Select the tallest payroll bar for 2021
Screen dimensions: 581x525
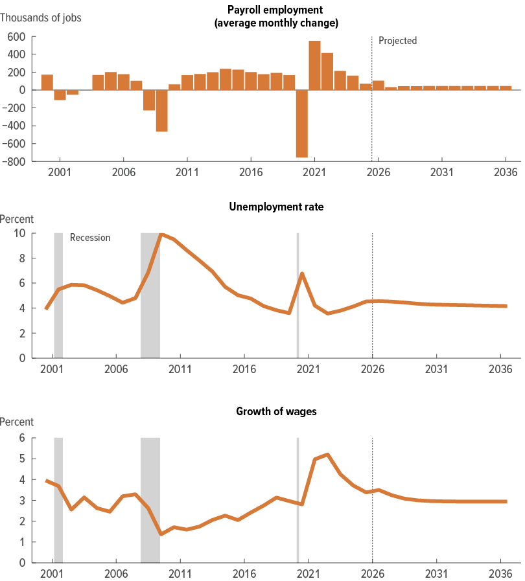[314, 65]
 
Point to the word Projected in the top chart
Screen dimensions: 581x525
[397, 41]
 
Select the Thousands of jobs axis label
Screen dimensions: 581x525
[41, 17]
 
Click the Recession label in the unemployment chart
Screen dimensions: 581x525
[90, 238]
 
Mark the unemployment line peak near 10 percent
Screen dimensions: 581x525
[161, 234]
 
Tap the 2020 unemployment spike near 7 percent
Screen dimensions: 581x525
[302, 273]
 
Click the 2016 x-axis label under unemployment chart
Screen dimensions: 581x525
[244, 370]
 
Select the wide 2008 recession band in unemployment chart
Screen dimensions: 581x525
[150, 295]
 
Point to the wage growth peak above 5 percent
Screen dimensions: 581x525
[327, 455]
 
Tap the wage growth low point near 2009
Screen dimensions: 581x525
[161, 534]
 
